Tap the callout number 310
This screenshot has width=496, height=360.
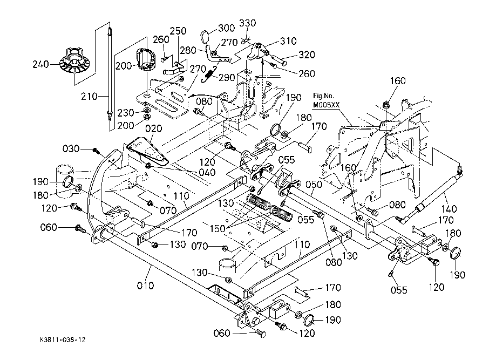288,41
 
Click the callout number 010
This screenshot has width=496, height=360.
145,284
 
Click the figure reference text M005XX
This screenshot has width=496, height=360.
325,105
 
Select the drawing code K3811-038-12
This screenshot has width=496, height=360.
62,341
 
